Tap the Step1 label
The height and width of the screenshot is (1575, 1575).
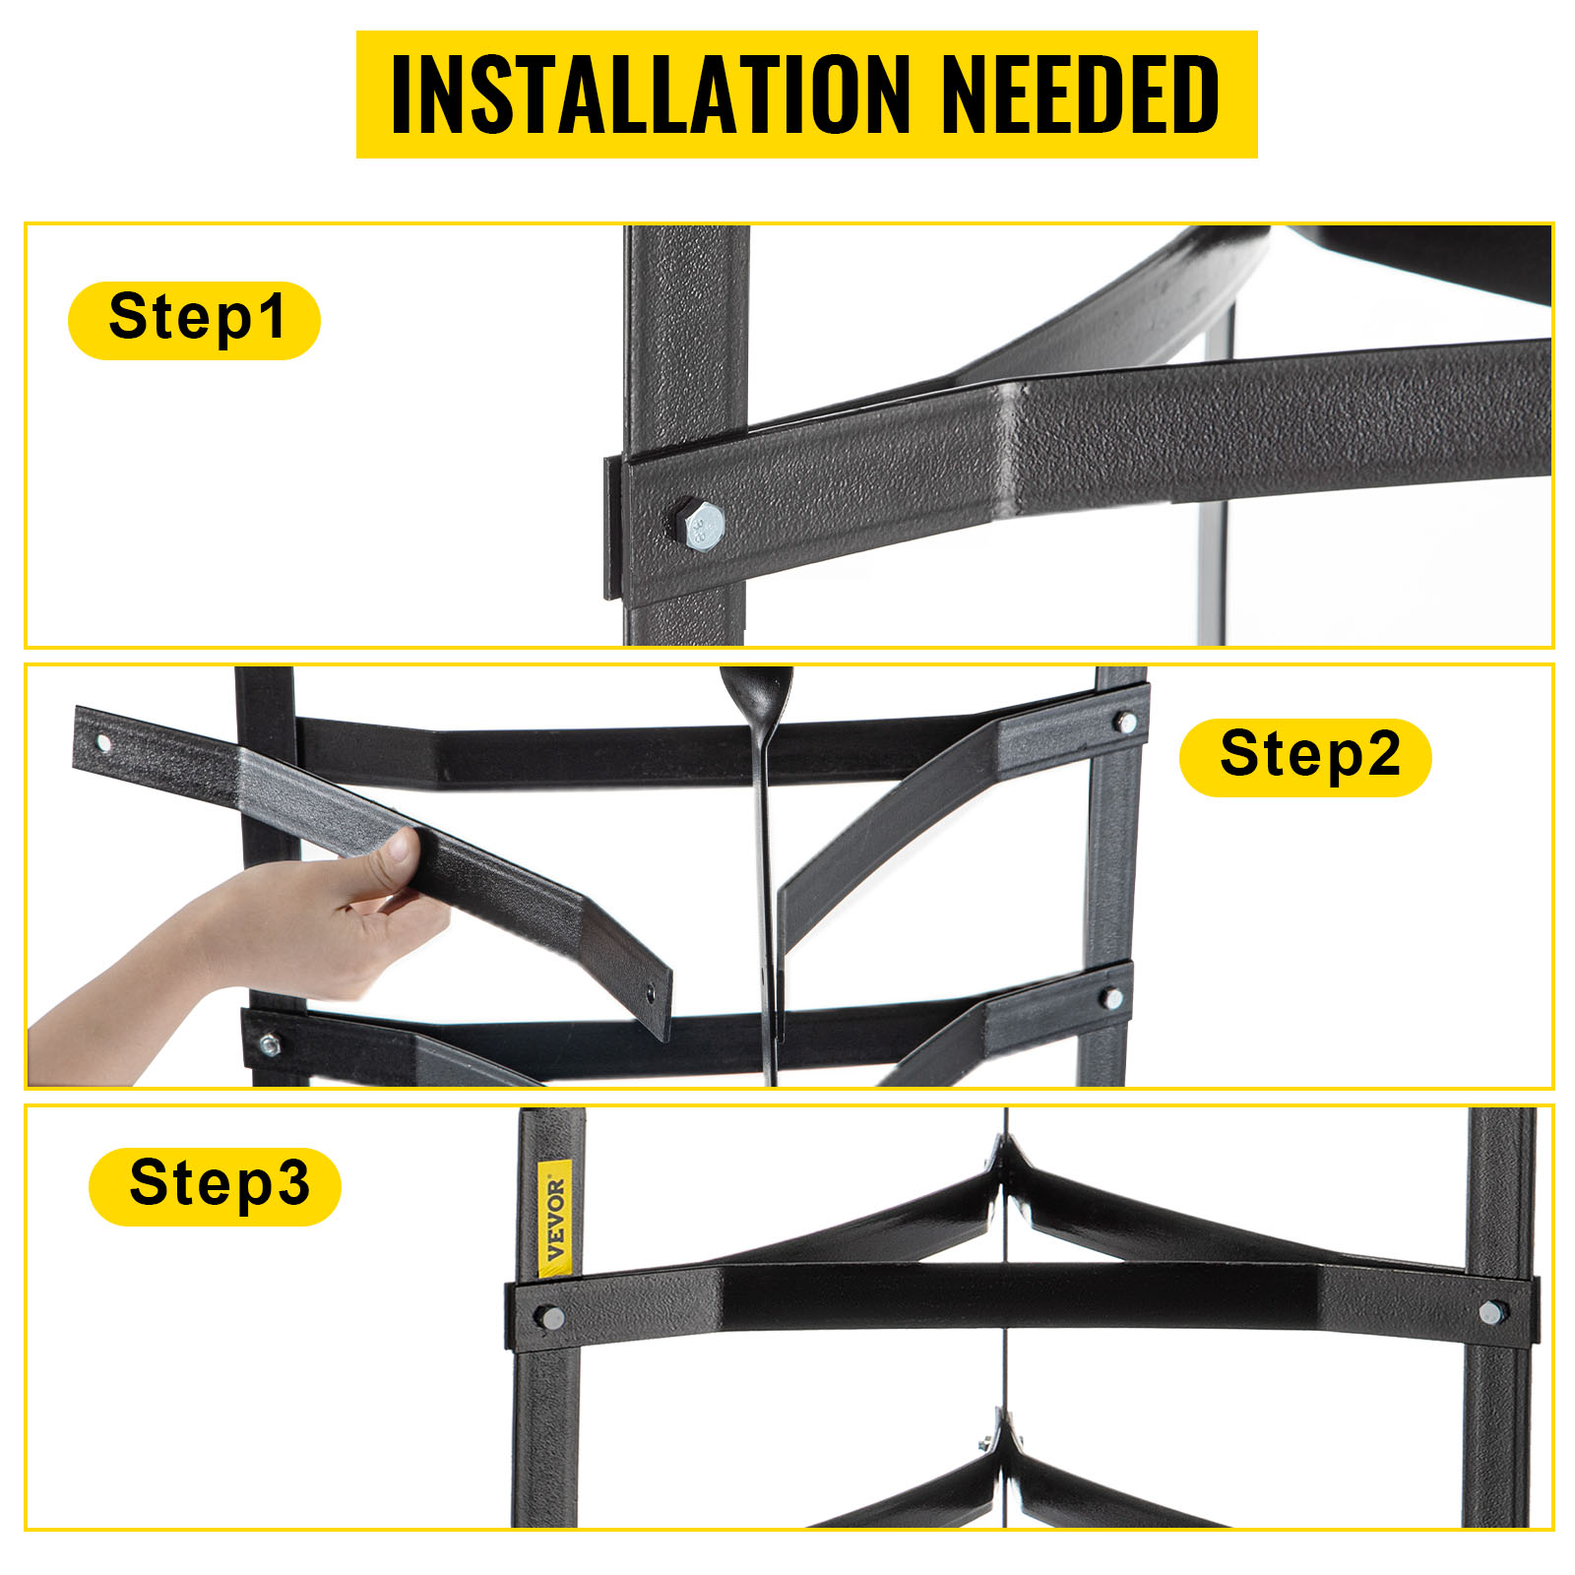tap(195, 320)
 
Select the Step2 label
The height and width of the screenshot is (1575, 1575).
tap(1305, 757)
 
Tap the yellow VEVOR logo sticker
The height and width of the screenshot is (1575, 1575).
tap(554, 1219)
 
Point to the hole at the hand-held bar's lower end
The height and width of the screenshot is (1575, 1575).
tap(650, 994)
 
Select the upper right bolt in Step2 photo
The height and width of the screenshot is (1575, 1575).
tap(1127, 723)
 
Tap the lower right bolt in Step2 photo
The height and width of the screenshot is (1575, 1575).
tap(1111, 998)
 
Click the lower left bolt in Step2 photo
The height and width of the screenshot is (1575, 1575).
tap(269, 1043)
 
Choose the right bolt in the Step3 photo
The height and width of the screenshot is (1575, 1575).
tap(1492, 1312)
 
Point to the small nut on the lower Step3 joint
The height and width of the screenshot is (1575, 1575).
tap(985, 1443)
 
